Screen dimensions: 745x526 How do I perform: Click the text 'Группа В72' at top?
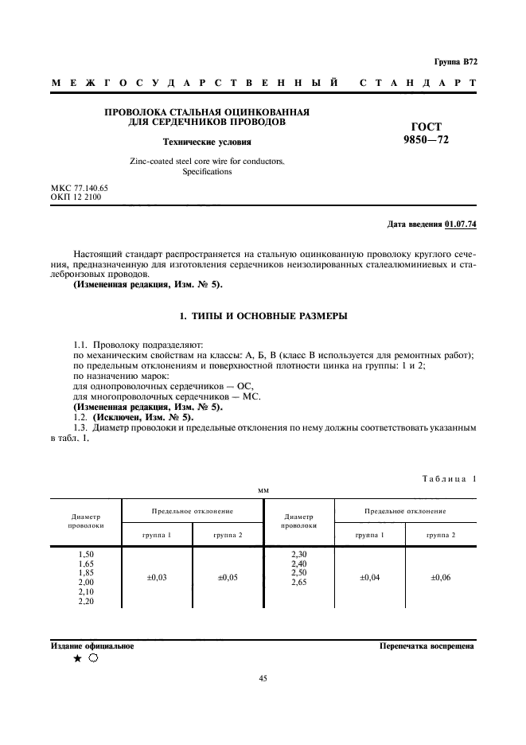(x=455, y=61)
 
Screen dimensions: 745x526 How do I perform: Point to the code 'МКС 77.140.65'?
(x=79, y=187)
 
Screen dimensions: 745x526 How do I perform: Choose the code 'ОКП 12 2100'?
(x=75, y=196)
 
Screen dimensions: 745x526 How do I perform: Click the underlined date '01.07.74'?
(x=461, y=224)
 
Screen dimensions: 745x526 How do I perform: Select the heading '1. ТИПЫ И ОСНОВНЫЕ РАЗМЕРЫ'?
(x=263, y=316)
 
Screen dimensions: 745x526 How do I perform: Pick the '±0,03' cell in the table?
(x=157, y=577)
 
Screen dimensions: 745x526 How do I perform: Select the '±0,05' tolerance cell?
(x=228, y=577)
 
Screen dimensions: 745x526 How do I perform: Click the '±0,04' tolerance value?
(x=369, y=577)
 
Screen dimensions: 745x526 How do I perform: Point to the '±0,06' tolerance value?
(x=441, y=577)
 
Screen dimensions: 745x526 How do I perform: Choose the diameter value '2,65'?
(x=298, y=582)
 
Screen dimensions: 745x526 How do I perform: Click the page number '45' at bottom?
(x=263, y=678)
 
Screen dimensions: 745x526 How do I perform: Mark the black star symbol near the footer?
(x=77, y=659)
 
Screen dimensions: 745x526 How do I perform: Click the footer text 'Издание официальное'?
(x=92, y=646)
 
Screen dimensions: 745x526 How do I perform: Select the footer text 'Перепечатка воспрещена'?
(x=427, y=646)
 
